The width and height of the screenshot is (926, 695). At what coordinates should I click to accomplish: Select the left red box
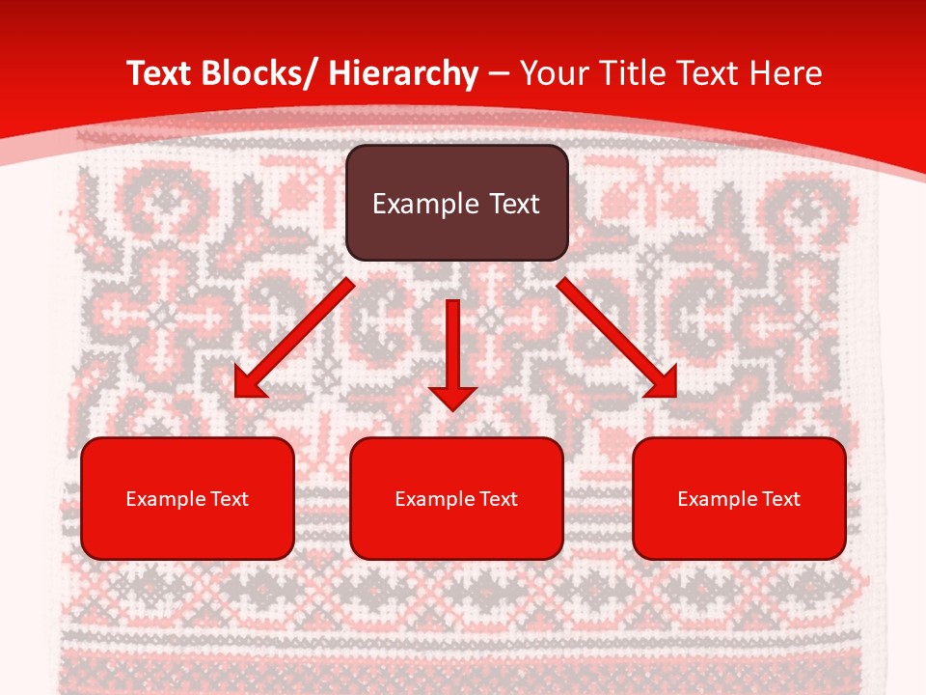[187, 498]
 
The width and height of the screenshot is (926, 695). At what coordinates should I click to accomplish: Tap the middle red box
[456, 498]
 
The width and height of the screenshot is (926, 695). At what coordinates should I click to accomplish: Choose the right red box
[739, 498]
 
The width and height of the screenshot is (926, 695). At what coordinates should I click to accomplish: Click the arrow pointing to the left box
[294, 338]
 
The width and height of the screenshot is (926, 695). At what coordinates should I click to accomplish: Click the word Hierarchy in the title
[403, 74]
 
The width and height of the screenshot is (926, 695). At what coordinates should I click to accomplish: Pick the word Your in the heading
[554, 74]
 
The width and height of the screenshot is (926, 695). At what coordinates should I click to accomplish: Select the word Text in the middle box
[499, 499]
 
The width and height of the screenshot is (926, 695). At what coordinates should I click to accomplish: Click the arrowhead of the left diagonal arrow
[247, 384]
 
